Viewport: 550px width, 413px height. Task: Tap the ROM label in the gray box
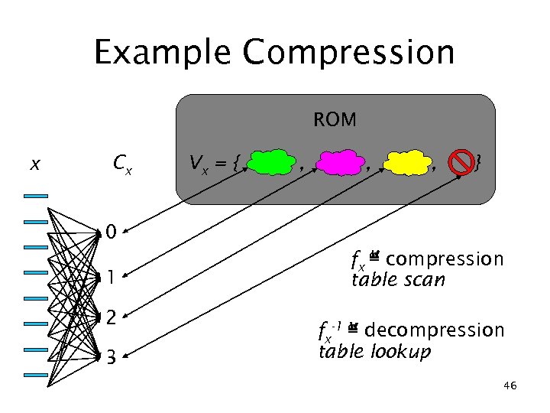(335, 120)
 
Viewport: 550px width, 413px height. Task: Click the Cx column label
(121, 163)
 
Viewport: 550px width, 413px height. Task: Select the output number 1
(112, 277)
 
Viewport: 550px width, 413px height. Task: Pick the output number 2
(112, 316)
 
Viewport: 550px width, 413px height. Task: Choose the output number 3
(112, 357)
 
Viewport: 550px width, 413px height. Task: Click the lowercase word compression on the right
(450, 259)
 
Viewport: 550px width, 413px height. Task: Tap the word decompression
(434, 330)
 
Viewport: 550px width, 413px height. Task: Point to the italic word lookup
(403, 352)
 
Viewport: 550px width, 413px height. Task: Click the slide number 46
(510, 386)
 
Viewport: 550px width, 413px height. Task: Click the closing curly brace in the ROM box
(477, 162)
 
